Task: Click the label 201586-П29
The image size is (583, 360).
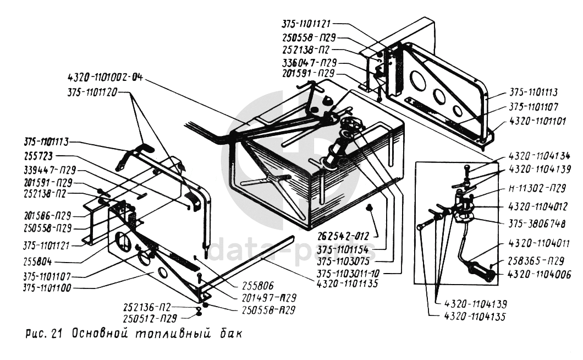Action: coord(50,215)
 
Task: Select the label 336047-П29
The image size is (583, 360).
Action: coord(310,62)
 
